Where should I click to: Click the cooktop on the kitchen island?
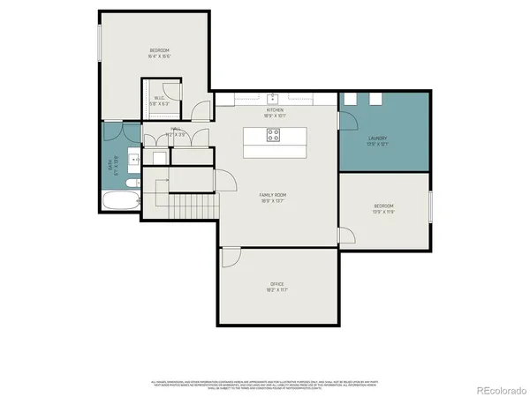pos(274,136)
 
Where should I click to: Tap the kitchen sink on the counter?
pos(274,98)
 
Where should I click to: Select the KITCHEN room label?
pos(275,110)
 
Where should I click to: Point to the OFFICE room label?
pos(277,284)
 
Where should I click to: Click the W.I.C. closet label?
pos(160,99)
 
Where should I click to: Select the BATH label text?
pos(111,163)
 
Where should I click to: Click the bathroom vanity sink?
pos(132,160)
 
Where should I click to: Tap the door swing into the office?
pos(231,257)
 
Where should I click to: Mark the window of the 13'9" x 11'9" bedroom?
pos(430,207)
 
